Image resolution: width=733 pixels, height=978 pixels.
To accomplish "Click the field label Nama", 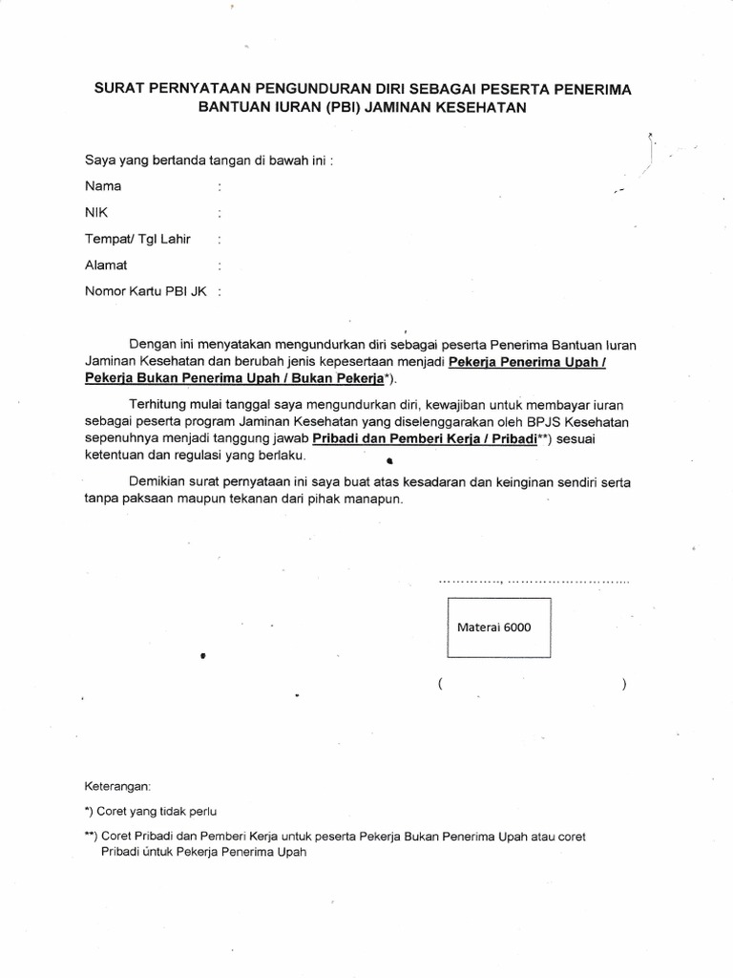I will (103, 186).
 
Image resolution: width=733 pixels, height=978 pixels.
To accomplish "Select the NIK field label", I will (96, 213).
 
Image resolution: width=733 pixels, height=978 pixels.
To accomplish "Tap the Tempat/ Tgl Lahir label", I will (137, 239).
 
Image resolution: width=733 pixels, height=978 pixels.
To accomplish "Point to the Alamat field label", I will (106, 265).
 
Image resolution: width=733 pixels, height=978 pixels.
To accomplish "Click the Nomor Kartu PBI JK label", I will (146, 291).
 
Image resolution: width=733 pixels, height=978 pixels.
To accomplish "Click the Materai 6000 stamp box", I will (499, 627).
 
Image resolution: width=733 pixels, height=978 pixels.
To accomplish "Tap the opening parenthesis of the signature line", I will (440, 685).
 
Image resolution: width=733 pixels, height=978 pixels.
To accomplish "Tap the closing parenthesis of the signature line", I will (622, 685).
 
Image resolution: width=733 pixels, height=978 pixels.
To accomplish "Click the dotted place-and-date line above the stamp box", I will (534, 580).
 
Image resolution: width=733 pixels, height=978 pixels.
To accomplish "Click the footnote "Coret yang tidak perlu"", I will (152, 812).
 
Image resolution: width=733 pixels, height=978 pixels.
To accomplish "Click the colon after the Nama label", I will (220, 187).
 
